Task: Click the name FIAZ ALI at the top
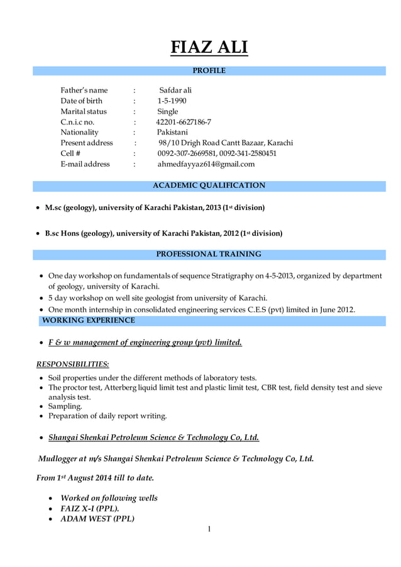tap(209, 47)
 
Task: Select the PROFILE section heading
tap(209, 70)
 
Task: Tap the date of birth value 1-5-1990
tap(172, 101)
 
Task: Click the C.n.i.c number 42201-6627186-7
tap(184, 122)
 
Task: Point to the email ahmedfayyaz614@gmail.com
tap(206, 164)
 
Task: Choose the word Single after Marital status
tap(168, 111)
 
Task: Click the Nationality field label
tap(79, 133)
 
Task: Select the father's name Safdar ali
tap(175, 90)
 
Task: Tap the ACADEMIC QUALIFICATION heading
tap(209, 185)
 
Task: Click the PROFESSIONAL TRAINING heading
tap(209, 254)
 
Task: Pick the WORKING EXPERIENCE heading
tap(88, 321)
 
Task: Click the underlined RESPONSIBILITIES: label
tap(72, 364)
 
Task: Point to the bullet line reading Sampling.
tap(65, 406)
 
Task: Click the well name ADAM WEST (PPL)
tap(97, 519)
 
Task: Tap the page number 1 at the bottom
tap(209, 529)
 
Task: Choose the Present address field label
tap(87, 143)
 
